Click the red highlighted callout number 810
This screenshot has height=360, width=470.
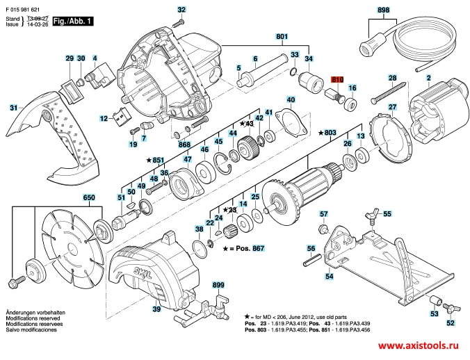337,80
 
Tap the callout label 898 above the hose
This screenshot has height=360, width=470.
384,10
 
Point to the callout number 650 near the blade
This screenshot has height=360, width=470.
88,198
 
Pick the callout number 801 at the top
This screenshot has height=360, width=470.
282,35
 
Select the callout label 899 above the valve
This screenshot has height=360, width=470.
218,286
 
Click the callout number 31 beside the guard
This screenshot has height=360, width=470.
13,108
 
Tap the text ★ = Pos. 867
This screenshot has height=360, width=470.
245,248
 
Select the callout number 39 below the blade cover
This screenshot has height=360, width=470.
157,309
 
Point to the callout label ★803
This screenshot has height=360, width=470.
327,132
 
